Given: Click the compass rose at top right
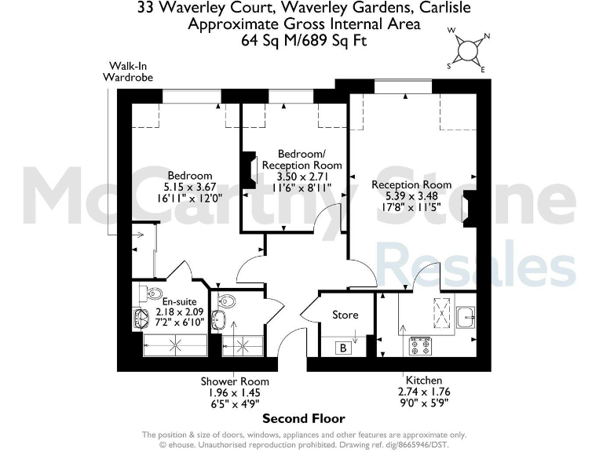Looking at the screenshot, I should click(x=468, y=49).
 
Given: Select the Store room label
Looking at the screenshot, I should click(x=345, y=315).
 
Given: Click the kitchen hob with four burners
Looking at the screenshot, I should click(x=421, y=345).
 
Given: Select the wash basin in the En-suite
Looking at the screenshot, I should click(x=142, y=319).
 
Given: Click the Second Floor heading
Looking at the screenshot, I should click(x=303, y=418).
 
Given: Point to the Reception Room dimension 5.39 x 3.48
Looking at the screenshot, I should click(x=411, y=197).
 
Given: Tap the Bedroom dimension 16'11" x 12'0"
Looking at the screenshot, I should click(x=188, y=199).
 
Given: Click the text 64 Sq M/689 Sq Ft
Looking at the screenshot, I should click(x=304, y=39).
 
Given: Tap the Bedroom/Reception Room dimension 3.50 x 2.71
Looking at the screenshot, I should click(x=301, y=177).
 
